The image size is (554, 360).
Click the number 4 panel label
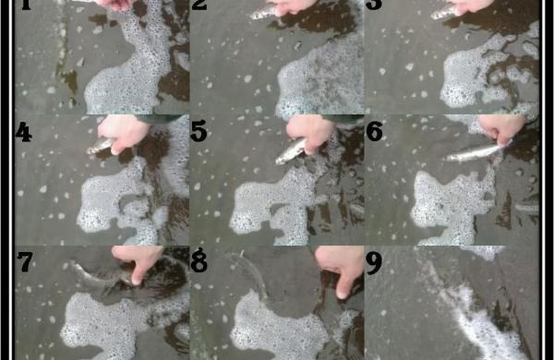pyautogui.click(x=24, y=132)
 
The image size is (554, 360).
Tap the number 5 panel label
pyautogui.click(x=199, y=131)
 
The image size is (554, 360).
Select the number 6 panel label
pyautogui.click(x=374, y=131)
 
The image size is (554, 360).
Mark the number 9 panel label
pyautogui.click(x=374, y=263)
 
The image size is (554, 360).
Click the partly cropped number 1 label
pyautogui.click(x=26, y=5)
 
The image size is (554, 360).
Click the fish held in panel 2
pyautogui.click(x=265, y=12)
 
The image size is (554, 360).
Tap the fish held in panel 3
pyautogui.click(x=444, y=12)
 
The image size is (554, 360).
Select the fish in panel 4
pyautogui.click(x=101, y=145)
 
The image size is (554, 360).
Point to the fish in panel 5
pyautogui.click(x=291, y=151)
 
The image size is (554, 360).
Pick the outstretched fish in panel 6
pyautogui.click(x=474, y=153)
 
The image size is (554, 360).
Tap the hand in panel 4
pyautogui.click(x=124, y=134)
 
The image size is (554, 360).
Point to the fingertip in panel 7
pyautogui.click(x=136, y=281)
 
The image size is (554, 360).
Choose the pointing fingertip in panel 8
pyautogui.click(x=342, y=294)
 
